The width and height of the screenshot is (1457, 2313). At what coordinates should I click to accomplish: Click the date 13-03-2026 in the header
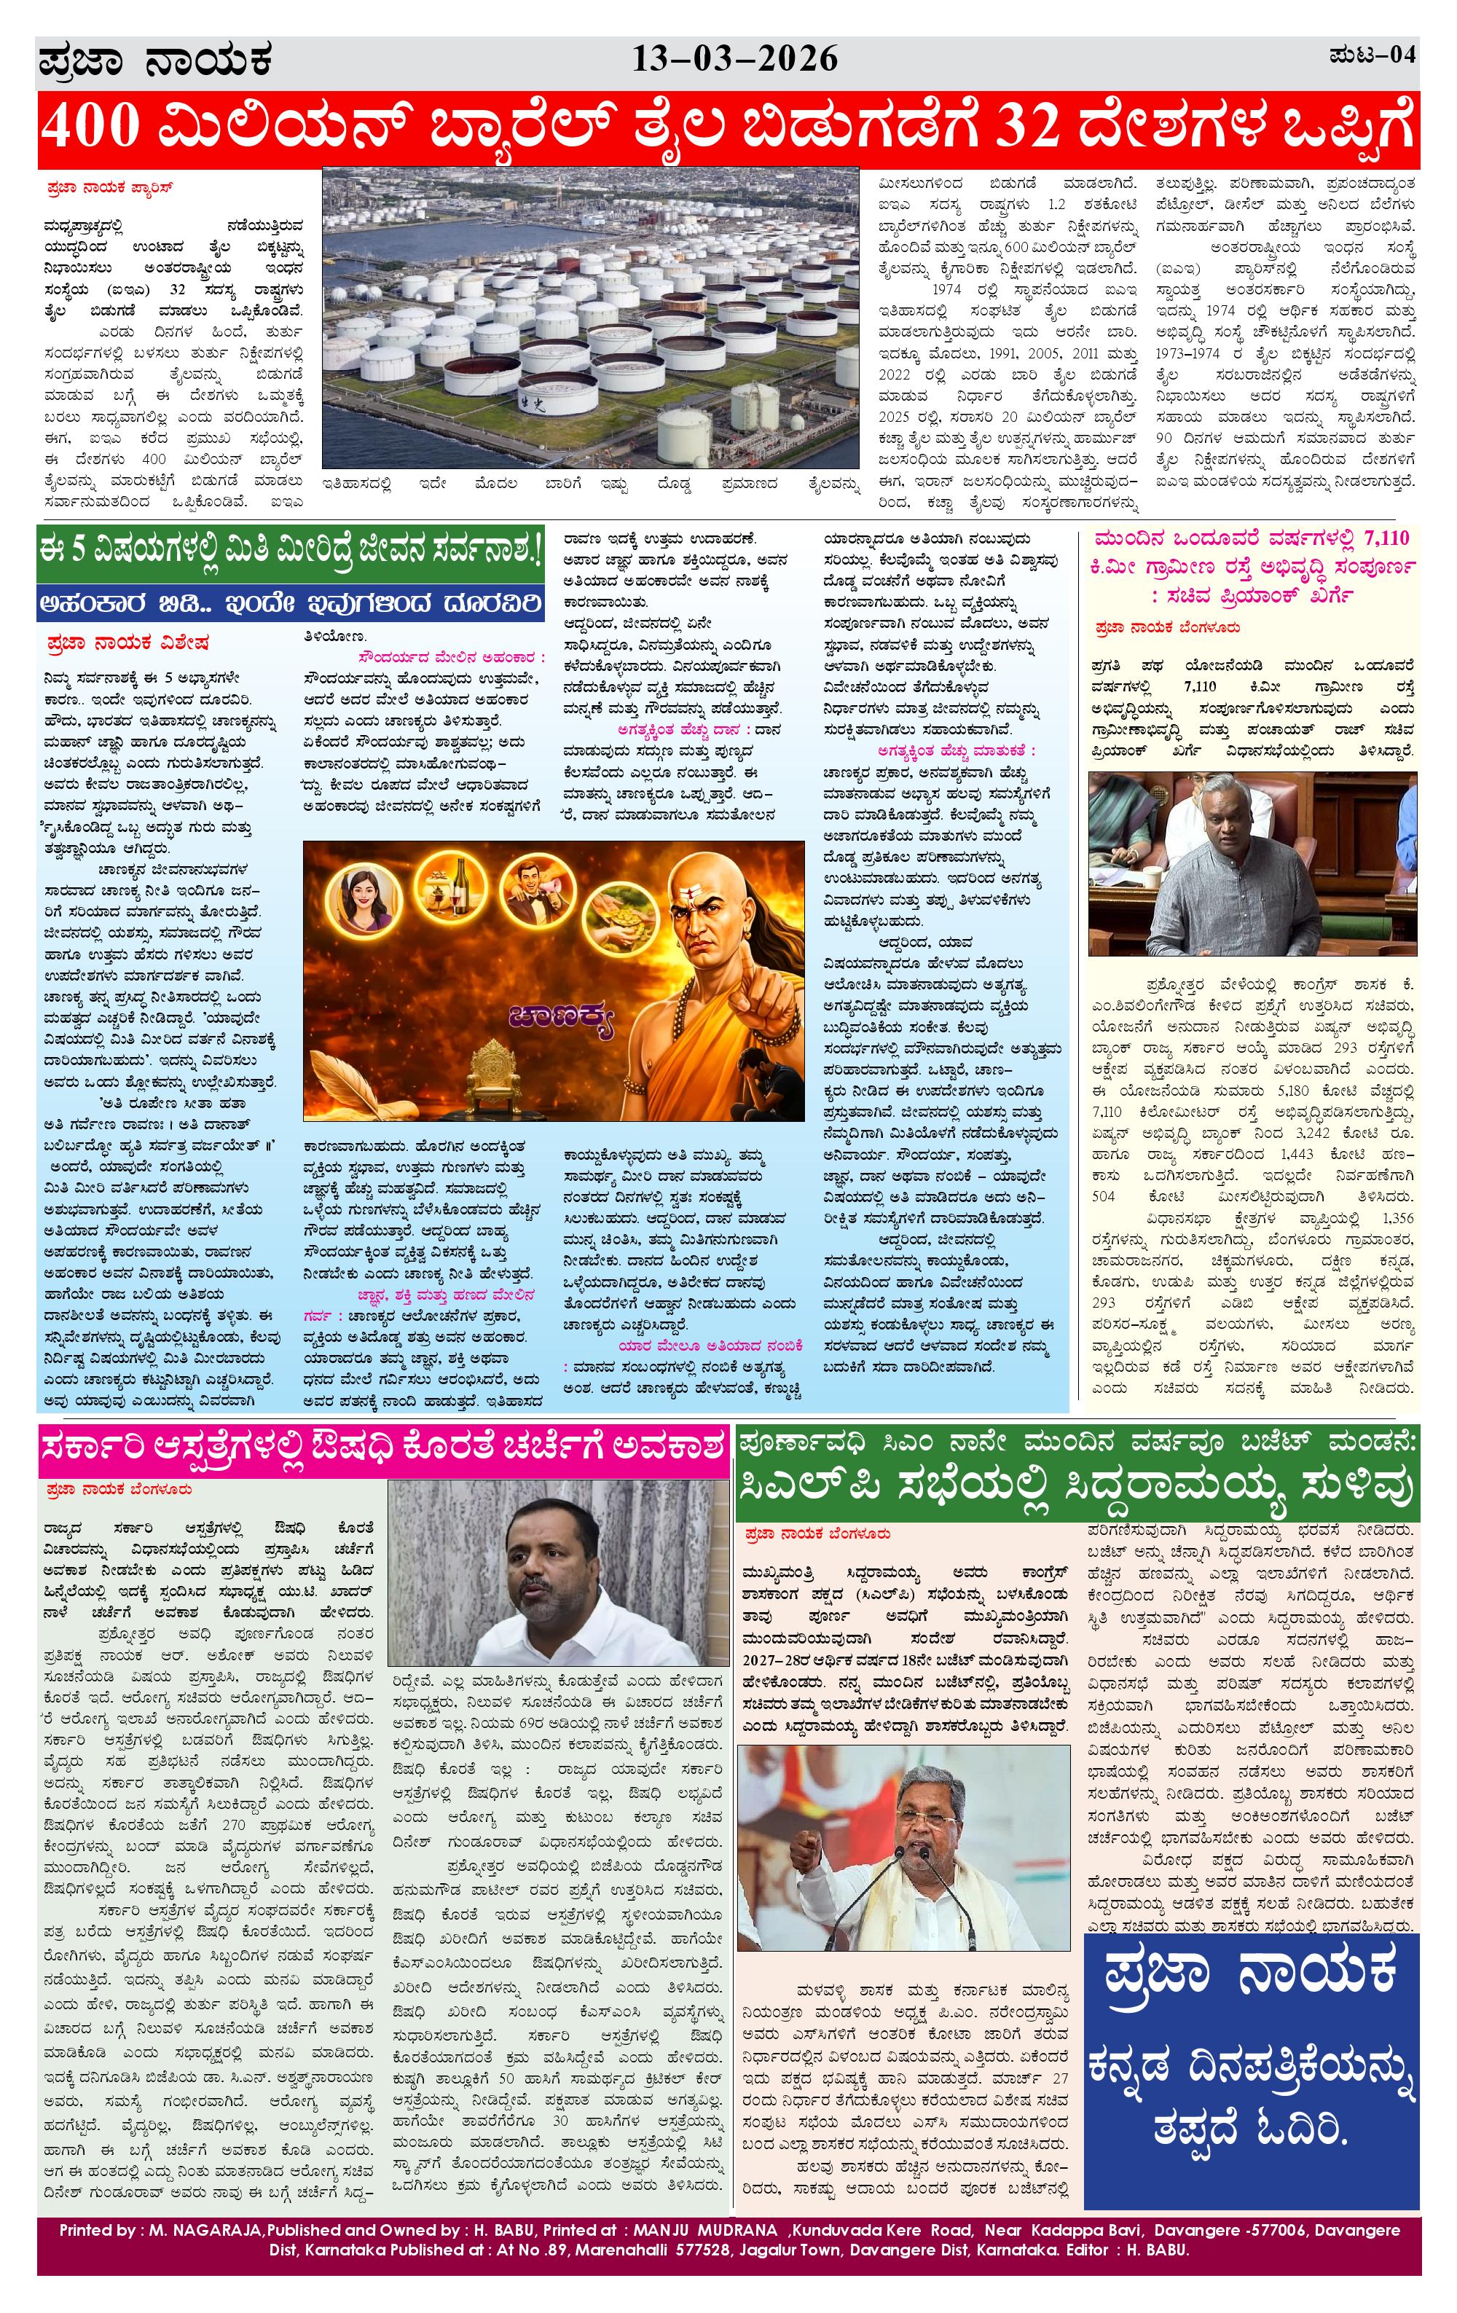[x=735, y=60]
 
